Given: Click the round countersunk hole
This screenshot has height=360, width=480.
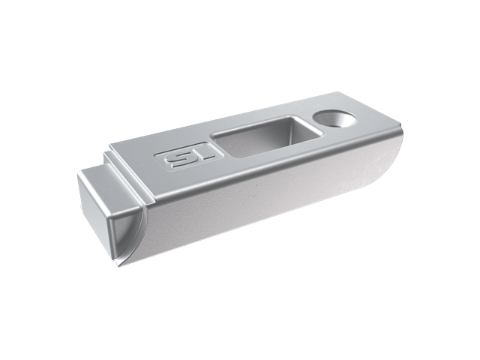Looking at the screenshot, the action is click(x=334, y=119).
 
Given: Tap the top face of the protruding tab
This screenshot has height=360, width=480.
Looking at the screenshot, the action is click(x=111, y=183).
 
